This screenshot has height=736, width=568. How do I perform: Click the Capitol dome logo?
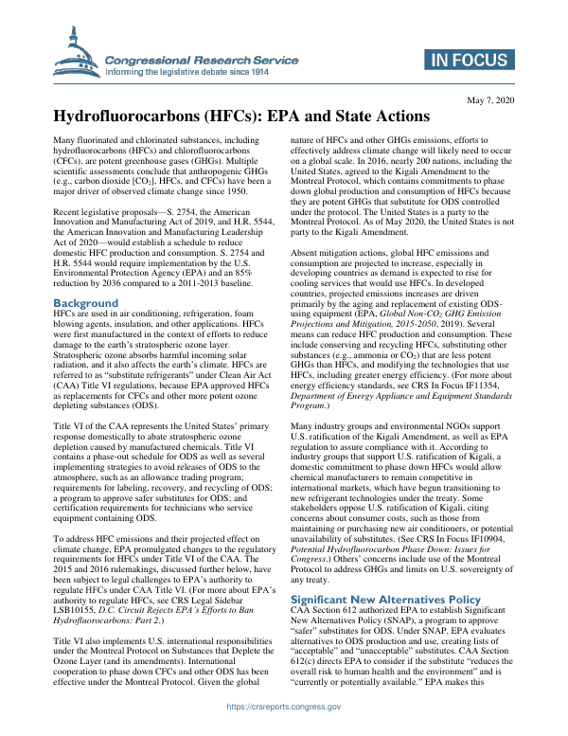[74, 54]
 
